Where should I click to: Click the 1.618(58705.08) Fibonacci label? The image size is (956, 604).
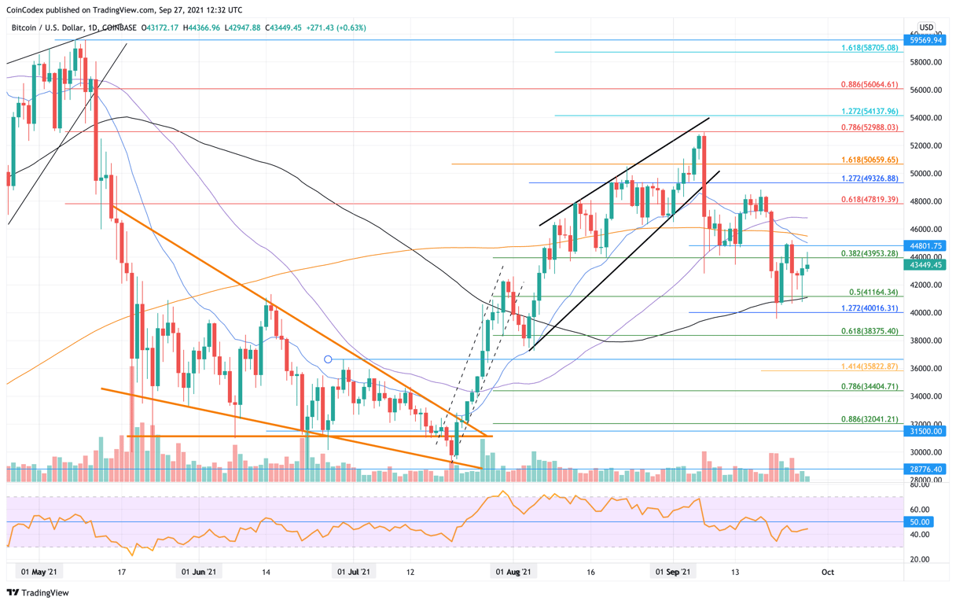tap(869, 48)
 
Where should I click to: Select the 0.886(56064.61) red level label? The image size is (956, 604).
tap(869, 84)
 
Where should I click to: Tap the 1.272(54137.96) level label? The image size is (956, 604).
tap(869, 112)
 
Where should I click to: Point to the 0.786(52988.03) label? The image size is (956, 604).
tap(869, 127)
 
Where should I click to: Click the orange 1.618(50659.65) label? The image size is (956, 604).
tap(869, 160)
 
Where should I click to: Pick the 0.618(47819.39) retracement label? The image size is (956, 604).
tap(869, 200)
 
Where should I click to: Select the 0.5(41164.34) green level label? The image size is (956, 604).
tap(869, 293)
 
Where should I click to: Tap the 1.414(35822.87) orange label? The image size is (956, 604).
tap(869, 366)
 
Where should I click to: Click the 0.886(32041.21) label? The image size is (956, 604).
tap(869, 420)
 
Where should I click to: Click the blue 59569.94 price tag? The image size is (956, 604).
tap(925, 40)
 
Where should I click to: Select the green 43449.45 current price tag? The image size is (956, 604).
tap(925, 265)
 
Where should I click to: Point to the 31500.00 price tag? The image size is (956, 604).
tap(925, 431)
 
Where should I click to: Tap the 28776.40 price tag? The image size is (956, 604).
tap(925, 469)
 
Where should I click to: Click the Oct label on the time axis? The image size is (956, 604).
tap(827, 573)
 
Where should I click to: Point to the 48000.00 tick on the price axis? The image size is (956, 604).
tap(925, 201)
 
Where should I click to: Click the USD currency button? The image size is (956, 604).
tap(926, 28)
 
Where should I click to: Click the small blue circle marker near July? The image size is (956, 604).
tap(328, 359)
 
